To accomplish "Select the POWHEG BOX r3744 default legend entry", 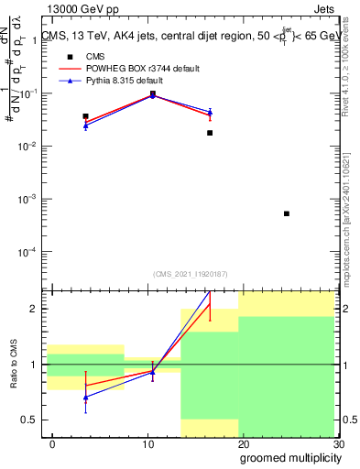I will pos(147,69).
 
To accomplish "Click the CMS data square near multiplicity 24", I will pos(287,213).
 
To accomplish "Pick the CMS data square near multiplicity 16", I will pos(210,133).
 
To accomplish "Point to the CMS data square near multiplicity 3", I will pos(85,116).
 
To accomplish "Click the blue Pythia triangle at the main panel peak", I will pos(152,93).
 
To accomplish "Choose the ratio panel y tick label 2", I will pos(30,309).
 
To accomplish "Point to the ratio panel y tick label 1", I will pos(30,365).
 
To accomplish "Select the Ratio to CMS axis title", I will pos(13,365).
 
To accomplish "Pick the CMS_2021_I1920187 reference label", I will pos(191,274).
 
